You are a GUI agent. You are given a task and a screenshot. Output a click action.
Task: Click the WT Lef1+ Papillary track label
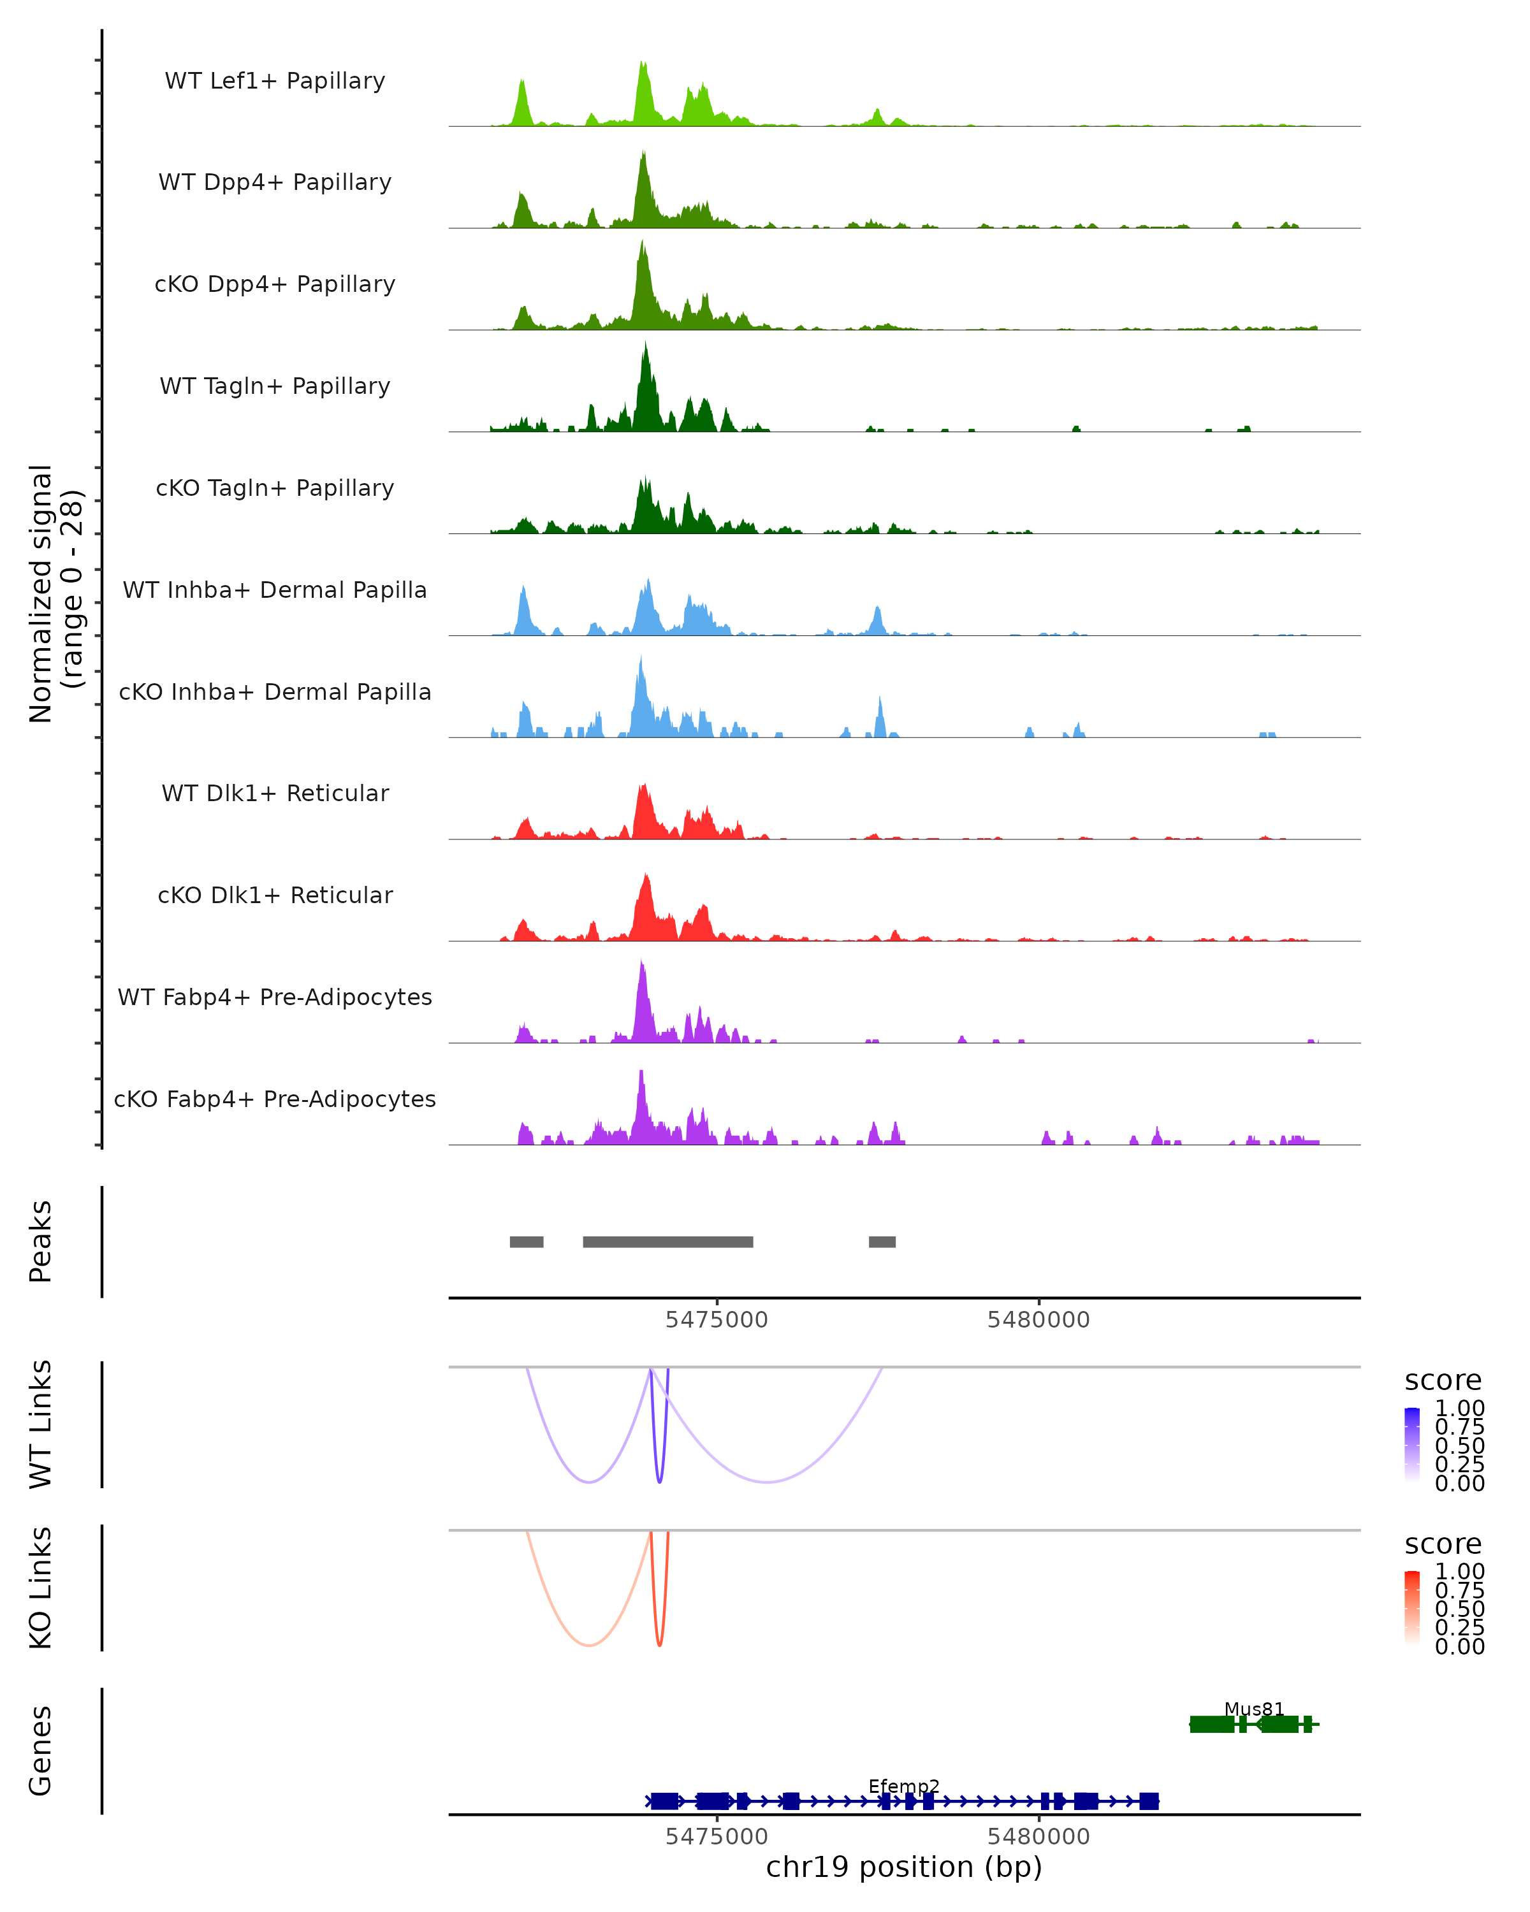275,81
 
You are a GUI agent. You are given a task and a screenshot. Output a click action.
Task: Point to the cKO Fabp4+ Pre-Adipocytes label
275,1099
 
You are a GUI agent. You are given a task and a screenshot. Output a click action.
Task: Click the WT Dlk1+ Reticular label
275,793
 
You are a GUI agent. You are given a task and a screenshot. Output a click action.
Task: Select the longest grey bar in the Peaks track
668,1242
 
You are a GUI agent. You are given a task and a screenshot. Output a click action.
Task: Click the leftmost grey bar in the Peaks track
526,1242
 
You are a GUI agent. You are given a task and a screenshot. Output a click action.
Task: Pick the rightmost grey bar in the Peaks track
882,1242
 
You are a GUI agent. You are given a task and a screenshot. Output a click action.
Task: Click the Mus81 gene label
1253,1709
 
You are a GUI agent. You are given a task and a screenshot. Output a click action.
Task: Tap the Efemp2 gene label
904,1786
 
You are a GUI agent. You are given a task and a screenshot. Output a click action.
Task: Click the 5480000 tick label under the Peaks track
1038,1320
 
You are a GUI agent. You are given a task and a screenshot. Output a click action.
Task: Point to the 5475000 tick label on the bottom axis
717,1837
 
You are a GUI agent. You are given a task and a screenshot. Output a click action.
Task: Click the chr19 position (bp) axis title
904,1867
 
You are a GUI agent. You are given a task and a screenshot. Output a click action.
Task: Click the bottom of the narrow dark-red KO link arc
659,1645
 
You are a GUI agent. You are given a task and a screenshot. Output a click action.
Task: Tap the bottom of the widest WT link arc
766,1481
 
